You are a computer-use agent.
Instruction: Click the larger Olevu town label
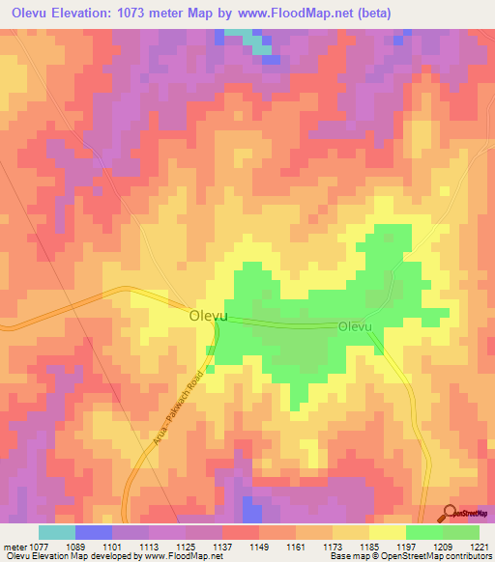pyautogui.click(x=208, y=316)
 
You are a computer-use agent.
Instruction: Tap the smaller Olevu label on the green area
pyautogui.click(x=355, y=327)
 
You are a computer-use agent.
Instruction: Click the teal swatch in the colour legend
pyautogui.click(x=57, y=531)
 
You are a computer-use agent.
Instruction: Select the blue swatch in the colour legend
pyautogui.click(x=94, y=531)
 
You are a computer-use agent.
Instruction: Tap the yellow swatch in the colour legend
pyautogui.click(x=388, y=531)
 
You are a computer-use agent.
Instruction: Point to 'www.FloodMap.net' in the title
pyautogui.click(x=302, y=14)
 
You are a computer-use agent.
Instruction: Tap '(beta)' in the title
pyautogui.click(x=393, y=14)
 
